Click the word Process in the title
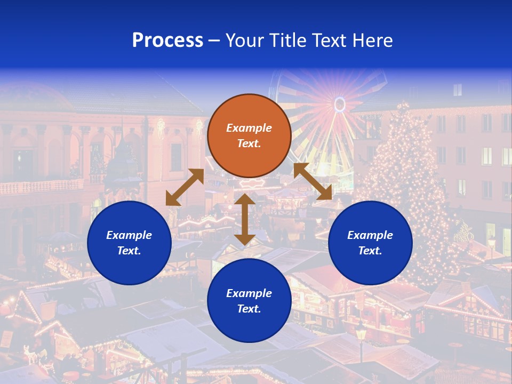point(167,41)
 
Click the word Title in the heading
point(287,41)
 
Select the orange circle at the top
point(249,135)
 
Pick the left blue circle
point(129,243)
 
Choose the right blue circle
point(370,243)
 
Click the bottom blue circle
point(249,301)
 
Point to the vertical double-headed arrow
point(244,219)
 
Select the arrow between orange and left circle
point(185,187)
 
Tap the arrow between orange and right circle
point(313,181)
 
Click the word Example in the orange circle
point(249,128)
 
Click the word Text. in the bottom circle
point(249,309)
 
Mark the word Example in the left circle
point(129,235)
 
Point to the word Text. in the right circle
point(370,251)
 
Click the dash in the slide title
point(214,41)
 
